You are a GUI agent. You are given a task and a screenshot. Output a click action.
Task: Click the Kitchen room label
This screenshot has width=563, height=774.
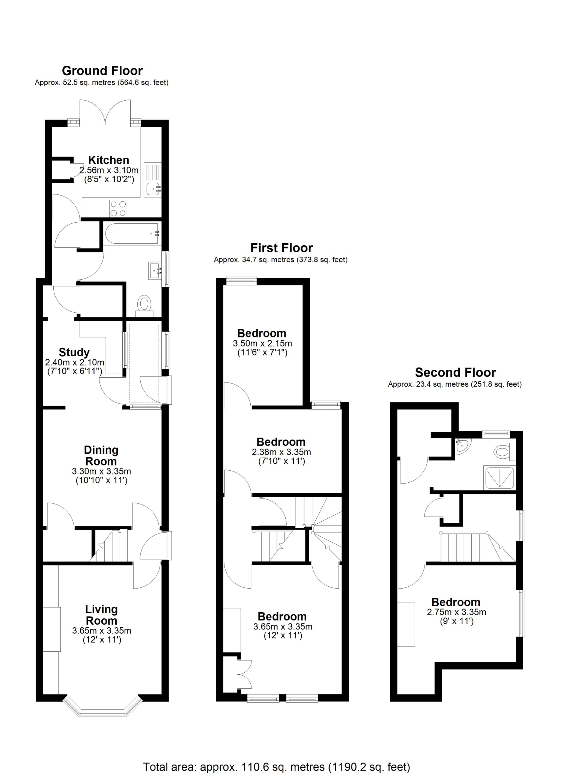click(x=109, y=160)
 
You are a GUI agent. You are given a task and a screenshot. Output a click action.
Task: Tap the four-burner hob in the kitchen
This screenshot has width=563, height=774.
click(x=118, y=208)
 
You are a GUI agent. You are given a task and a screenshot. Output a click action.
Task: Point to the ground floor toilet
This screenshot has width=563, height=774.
click(x=144, y=304)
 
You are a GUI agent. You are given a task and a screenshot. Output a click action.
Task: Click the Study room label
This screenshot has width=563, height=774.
click(x=74, y=352)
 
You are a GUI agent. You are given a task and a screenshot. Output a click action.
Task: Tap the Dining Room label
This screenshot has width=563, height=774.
click(x=101, y=455)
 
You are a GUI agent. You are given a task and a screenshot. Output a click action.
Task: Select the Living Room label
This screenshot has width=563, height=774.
click(x=101, y=615)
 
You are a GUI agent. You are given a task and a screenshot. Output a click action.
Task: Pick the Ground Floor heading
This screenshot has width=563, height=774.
click(x=102, y=71)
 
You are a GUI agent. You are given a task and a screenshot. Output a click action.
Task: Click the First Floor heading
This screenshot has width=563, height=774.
click(x=281, y=248)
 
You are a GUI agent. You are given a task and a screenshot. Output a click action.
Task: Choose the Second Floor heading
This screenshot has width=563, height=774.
click(x=455, y=372)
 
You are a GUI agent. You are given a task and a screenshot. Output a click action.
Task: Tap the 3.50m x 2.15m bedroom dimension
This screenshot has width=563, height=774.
click(x=262, y=343)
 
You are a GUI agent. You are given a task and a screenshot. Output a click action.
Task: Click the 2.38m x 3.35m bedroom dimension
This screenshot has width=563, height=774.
click(x=281, y=452)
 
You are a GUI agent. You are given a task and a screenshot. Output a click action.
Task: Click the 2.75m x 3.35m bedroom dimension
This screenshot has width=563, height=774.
click(x=456, y=612)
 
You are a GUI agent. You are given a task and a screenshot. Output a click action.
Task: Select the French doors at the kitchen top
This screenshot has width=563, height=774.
click(x=105, y=112)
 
